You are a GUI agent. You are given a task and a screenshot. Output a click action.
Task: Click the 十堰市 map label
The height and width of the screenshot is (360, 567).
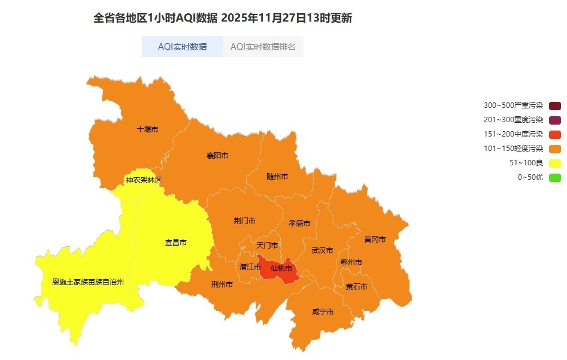pos(147,129)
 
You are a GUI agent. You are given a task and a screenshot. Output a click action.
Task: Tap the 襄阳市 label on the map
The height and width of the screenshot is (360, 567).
pos(217,156)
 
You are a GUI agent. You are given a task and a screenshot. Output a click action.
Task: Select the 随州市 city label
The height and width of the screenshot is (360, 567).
pos(277,177)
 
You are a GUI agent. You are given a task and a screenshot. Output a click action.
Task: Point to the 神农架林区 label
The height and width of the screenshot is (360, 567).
pos(144,180)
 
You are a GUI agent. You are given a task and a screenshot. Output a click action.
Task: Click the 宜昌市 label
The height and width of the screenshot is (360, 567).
pos(176,243)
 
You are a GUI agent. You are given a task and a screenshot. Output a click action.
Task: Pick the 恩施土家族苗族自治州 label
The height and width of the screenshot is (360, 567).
pos(88,282)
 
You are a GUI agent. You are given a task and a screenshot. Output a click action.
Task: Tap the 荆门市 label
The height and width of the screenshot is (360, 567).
pos(244,221)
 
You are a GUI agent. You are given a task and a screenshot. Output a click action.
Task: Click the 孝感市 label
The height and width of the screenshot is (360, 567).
pos(299,223)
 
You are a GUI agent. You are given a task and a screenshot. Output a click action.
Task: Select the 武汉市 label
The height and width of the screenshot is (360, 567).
pos(322,250)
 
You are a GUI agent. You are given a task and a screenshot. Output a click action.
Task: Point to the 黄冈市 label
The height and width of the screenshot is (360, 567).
pos(375,240)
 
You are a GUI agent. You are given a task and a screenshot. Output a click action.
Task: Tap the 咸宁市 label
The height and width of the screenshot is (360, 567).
pos(323,312)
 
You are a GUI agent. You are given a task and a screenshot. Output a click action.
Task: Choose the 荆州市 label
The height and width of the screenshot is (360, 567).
pos(222,285)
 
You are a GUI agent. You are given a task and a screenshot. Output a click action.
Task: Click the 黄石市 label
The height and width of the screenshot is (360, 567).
pos(356,287)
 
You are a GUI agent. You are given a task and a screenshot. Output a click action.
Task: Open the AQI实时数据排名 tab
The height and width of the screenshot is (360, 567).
pos(263,47)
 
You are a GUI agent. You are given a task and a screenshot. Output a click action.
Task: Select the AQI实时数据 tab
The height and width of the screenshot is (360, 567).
pos(182,47)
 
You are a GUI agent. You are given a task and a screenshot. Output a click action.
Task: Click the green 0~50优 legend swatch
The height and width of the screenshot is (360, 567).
pos(555,177)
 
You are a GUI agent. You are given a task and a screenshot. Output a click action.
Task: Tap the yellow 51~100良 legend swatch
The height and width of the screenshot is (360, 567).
pos(555,163)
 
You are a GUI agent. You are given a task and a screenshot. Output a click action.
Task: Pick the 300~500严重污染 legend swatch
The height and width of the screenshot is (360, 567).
pos(555,105)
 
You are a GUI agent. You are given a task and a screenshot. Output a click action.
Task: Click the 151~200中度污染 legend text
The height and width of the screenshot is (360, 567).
pos(513,134)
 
